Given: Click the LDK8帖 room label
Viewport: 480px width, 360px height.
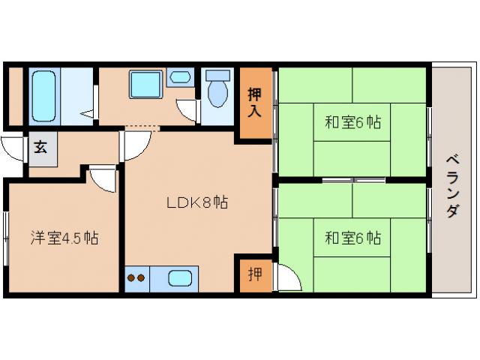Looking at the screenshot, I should (197, 202).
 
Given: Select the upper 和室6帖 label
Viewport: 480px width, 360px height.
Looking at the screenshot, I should (352, 121).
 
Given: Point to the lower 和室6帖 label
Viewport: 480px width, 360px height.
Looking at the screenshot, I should (352, 238).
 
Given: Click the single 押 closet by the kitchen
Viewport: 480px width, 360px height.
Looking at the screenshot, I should (255, 274).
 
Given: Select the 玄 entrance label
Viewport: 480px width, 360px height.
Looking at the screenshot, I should (40, 147).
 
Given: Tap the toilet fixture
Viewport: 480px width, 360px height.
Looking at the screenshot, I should (217, 90).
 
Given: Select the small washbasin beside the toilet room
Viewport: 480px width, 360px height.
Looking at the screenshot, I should (180, 76).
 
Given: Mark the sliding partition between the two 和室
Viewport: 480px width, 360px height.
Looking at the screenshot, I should (352, 180).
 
